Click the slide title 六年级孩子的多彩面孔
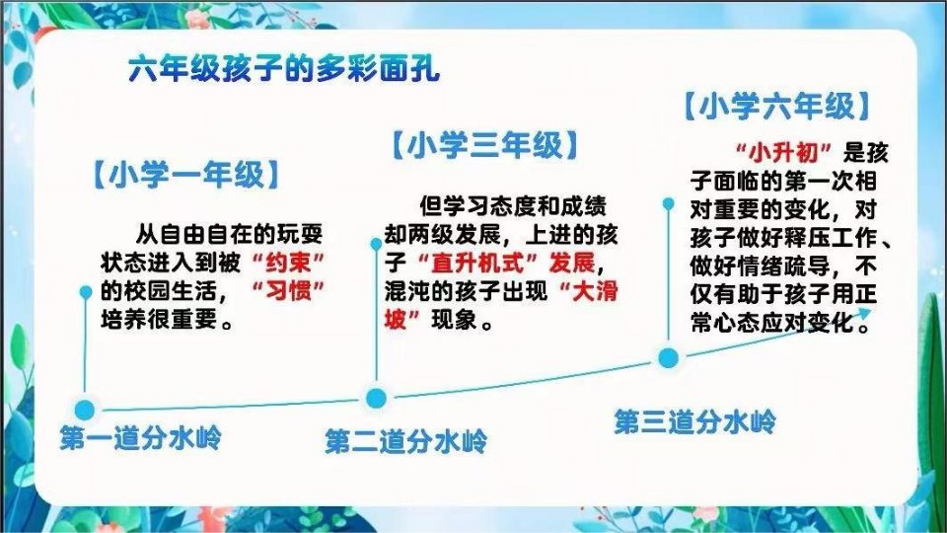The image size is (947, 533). [x=284, y=69]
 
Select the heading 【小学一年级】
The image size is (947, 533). [x=186, y=175]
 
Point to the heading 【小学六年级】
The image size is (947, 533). [x=777, y=107]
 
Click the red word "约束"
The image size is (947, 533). [x=287, y=263]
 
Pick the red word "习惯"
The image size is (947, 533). [x=287, y=290]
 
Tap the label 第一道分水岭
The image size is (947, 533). [x=140, y=437]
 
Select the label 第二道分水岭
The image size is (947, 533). [x=405, y=441]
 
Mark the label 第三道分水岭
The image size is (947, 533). [x=694, y=421]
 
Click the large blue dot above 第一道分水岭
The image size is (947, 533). [x=85, y=410]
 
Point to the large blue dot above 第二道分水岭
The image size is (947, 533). [x=376, y=398]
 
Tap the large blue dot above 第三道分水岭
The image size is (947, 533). [x=668, y=358]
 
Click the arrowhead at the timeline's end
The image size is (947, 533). [x=865, y=313]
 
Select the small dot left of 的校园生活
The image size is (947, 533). [x=86, y=292]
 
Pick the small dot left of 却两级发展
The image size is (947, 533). [x=376, y=244]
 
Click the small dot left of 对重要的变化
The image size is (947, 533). [x=668, y=203]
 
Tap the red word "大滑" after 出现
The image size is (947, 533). [x=589, y=291]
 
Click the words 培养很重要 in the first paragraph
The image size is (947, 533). [x=159, y=319]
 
